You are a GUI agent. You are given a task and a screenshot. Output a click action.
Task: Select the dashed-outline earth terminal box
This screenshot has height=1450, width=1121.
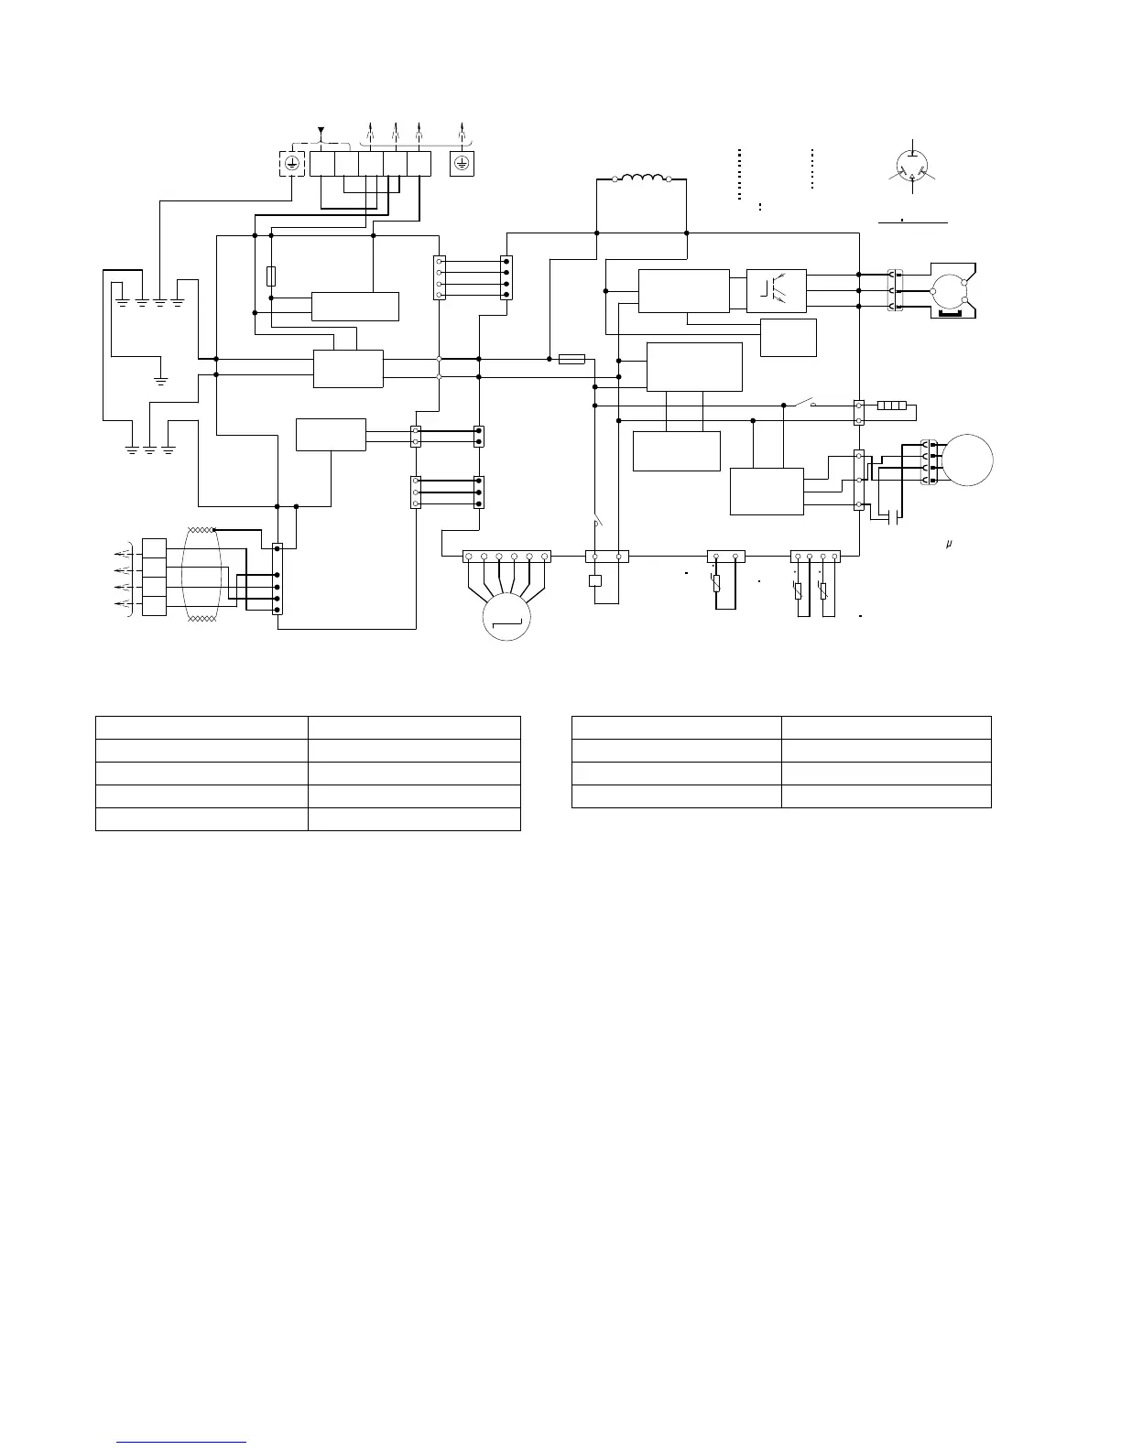(x=291, y=163)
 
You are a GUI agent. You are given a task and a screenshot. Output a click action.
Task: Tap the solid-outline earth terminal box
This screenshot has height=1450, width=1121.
(x=463, y=163)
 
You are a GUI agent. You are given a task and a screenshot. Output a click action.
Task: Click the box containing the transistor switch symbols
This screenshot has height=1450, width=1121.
(x=776, y=290)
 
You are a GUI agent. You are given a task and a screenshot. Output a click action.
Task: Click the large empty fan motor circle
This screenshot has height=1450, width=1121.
(x=968, y=459)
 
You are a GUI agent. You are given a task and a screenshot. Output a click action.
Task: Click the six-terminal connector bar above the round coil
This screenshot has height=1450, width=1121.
(x=506, y=556)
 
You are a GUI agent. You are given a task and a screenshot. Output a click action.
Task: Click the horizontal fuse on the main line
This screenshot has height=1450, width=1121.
(x=571, y=360)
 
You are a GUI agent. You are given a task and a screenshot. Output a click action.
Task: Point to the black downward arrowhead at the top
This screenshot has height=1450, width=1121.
(x=321, y=131)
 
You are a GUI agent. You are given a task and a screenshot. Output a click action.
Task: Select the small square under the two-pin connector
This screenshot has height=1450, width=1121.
(x=595, y=579)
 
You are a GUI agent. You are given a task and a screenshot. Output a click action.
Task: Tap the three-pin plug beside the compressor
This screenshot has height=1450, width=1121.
(x=895, y=290)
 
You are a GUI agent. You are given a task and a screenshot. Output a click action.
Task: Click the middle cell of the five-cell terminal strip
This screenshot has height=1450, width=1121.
(x=370, y=163)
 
